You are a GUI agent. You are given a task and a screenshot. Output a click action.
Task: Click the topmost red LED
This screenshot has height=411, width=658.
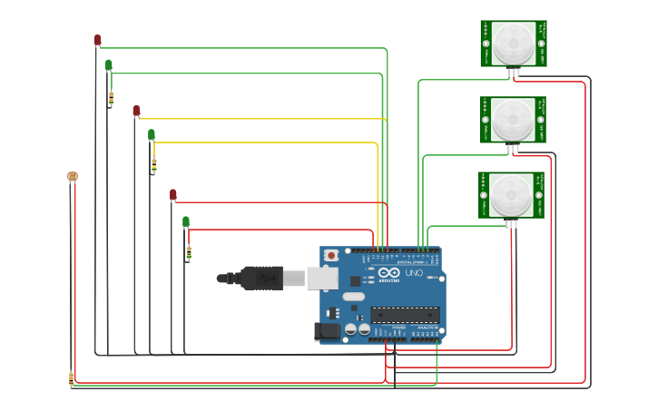tap(97, 40)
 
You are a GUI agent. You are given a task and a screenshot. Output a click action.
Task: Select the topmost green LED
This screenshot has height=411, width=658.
tap(109, 64)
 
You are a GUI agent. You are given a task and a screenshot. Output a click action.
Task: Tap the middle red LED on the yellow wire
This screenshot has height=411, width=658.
tap(136, 111)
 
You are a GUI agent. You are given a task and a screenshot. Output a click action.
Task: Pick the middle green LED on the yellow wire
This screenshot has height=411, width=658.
tap(152, 134)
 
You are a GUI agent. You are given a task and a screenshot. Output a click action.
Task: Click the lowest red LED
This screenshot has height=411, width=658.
tap(173, 194)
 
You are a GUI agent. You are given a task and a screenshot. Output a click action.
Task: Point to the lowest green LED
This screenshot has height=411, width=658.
tap(186, 221)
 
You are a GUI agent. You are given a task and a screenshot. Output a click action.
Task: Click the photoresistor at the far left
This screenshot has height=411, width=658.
tap(73, 176)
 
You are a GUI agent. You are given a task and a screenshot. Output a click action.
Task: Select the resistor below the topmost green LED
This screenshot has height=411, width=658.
tap(112, 98)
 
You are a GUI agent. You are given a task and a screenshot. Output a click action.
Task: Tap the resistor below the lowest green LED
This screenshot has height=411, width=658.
tap(189, 252)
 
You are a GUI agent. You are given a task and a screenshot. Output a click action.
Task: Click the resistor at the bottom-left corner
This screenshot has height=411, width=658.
tap(71, 378)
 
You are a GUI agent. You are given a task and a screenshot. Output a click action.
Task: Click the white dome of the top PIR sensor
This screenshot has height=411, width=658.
tap(514, 43)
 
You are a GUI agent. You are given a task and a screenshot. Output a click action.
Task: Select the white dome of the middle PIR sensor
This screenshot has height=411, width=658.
tap(514, 119)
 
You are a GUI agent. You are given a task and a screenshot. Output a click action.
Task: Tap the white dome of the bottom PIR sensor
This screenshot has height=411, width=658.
tap(513, 194)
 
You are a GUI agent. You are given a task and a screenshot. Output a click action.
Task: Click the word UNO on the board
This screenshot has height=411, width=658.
tap(413, 273)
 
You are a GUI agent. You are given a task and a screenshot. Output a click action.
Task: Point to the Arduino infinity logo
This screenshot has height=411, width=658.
tap(389, 272)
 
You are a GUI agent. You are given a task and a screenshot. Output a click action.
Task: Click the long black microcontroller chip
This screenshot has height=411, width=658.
tap(405, 315)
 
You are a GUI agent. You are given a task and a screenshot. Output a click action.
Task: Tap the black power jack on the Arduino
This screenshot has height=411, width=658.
tap(327, 332)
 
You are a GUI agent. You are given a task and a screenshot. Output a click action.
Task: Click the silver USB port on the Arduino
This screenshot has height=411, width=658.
tap(322, 278)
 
